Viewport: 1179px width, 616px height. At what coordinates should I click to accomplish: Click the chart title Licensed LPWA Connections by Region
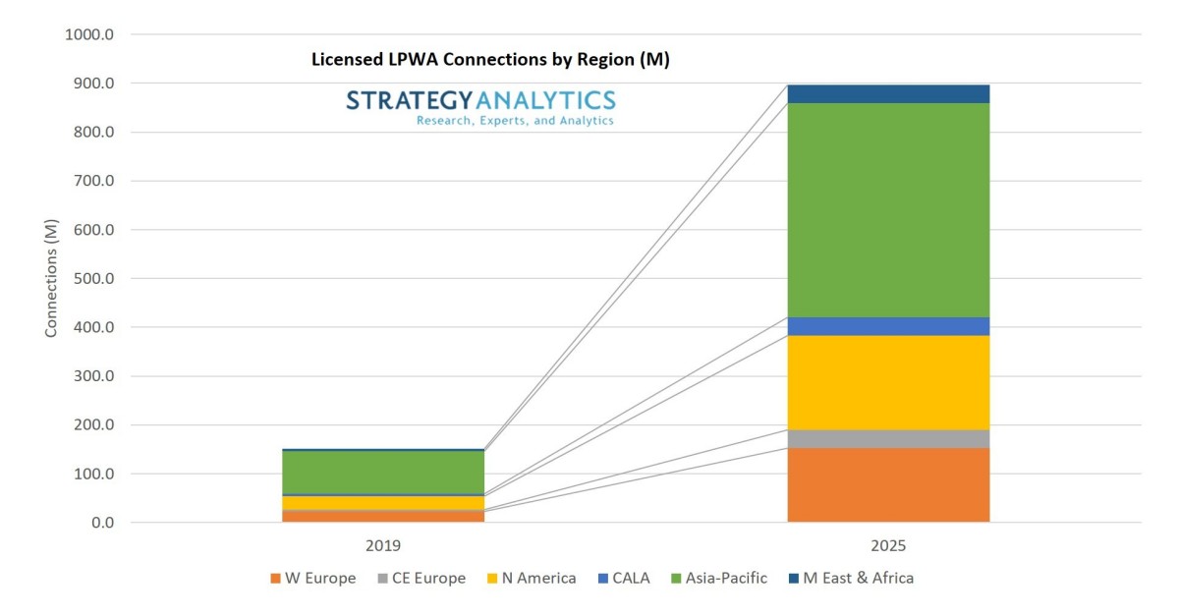click(489, 60)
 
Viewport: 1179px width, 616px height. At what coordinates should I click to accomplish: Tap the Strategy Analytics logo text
click(480, 99)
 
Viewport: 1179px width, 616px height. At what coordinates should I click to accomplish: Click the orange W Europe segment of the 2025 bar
click(888, 484)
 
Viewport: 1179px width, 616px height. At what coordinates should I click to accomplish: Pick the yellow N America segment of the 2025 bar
click(888, 382)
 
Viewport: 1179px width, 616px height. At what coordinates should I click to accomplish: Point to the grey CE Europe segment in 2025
click(888, 438)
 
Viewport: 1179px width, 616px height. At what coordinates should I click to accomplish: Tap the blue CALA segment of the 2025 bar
click(888, 326)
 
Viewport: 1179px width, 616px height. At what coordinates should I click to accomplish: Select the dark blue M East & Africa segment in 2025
click(888, 93)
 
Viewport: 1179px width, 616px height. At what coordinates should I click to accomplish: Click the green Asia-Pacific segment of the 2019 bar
click(382, 472)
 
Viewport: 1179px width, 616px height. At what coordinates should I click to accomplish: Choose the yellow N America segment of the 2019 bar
click(382, 502)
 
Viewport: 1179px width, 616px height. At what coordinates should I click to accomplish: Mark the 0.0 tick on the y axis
click(103, 523)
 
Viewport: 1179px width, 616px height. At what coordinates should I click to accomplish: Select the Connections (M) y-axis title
click(51, 279)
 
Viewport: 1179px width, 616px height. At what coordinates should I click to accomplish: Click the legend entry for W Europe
click(311, 578)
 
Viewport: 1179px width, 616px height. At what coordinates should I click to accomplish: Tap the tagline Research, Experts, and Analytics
click(515, 120)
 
